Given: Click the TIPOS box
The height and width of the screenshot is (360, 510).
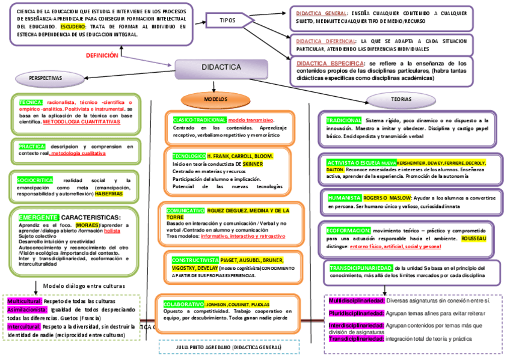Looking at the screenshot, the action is pyautogui.click(x=227, y=20).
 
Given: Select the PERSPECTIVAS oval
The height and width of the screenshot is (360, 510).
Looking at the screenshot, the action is pyautogui.click(x=45, y=79).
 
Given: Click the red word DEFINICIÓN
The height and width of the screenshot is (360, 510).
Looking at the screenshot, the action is pyautogui.click(x=102, y=55).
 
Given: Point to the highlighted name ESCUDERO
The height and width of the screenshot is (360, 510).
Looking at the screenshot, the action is pyautogui.click(x=73, y=27).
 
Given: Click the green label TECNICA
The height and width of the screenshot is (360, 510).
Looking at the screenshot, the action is pyautogui.click(x=31, y=102).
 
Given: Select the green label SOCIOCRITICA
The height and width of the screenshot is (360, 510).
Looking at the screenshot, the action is pyautogui.click(x=35, y=180).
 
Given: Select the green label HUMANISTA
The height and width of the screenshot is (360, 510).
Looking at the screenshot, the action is pyautogui.click(x=345, y=198).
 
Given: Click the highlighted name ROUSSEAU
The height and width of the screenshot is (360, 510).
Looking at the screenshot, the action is pyautogui.click(x=474, y=239).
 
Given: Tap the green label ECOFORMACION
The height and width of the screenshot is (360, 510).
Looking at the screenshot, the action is pyautogui.click(x=348, y=230).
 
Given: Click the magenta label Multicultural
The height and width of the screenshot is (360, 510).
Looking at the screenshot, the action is pyautogui.click(x=25, y=301).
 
